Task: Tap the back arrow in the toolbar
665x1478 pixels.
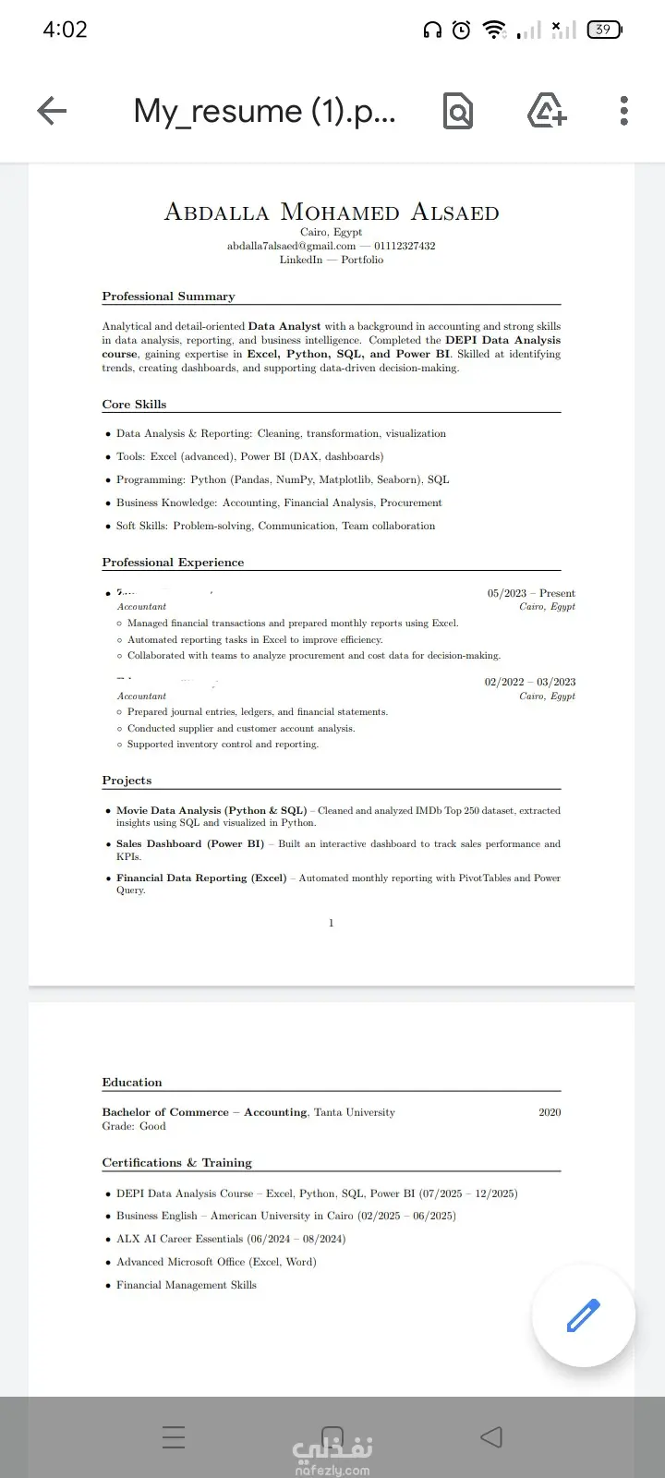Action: click(52, 111)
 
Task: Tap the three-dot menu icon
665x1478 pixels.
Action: click(624, 111)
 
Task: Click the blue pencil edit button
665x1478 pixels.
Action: click(583, 1315)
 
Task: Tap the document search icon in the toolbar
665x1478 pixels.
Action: click(458, 111)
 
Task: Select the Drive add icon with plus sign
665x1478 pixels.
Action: click(546, 111)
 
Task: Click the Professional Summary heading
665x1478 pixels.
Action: click(168, 297)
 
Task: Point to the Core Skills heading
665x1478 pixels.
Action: click(134, 405)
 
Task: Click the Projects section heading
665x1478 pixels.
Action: click(127, 781)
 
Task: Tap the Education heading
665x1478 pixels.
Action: click(132, 1083)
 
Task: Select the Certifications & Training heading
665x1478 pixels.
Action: click(176, 1163)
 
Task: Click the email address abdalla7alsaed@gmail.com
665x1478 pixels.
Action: click(291, 246)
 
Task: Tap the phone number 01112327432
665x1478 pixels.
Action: click(405, 246)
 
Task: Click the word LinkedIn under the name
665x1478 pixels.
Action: click(301, 260)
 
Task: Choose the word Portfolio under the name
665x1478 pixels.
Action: click(362, 260)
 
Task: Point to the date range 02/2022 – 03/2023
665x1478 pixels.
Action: click(529, 682)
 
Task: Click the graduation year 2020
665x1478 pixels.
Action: click(550, 1112)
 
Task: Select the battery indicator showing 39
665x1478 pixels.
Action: click(604, 30)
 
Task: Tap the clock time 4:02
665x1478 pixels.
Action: click(65, 30)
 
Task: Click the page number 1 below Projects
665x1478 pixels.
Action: click(332, 923)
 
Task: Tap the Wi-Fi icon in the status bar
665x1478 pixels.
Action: click(495, 30)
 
